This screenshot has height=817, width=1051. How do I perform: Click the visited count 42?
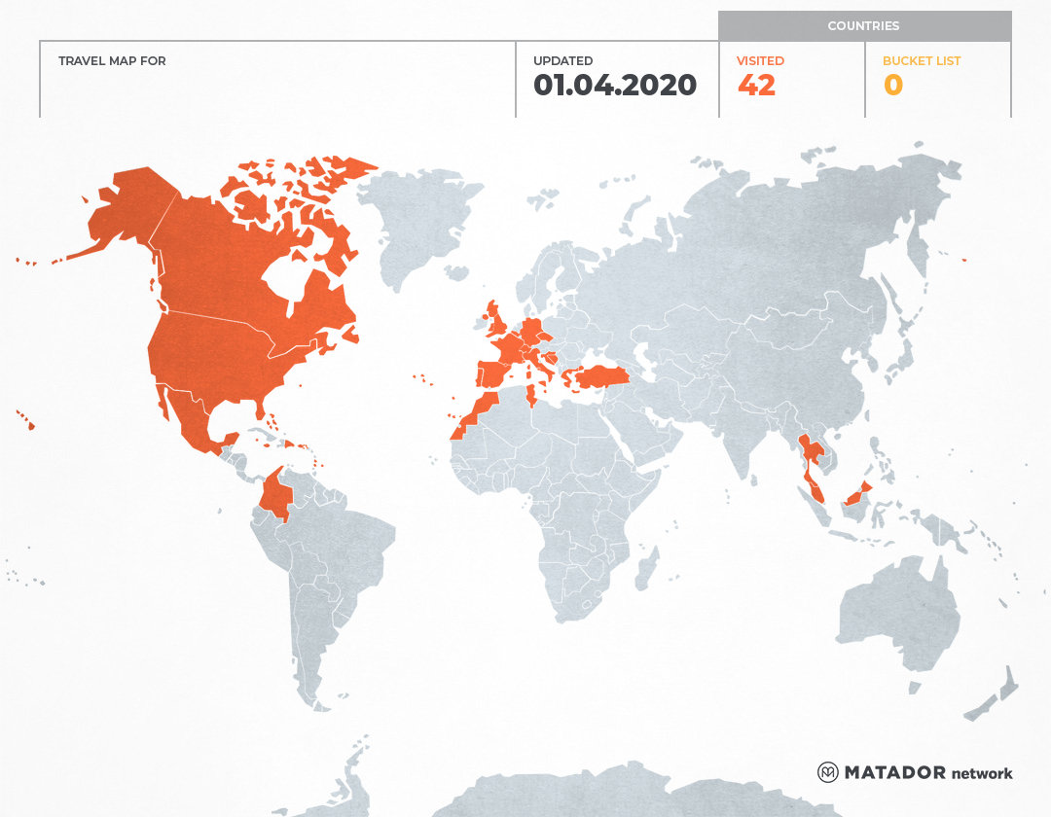click(756, 86)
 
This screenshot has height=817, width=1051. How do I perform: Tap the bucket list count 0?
click(892, 86)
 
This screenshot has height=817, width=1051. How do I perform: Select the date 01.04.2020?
click(615, 86)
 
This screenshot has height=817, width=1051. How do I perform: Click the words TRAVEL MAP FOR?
click(112, 60)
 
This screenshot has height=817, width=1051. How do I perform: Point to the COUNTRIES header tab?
click(863, 26)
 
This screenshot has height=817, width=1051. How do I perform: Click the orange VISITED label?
click(760, 60)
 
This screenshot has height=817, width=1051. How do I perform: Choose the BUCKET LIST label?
click(921, 60)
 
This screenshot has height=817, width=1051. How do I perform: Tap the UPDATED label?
click(562, 60)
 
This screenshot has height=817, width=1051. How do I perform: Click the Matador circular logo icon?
click(827, 772)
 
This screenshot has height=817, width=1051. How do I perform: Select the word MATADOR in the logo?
click(894, 772)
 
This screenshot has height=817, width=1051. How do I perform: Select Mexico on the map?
click(195, 418)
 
